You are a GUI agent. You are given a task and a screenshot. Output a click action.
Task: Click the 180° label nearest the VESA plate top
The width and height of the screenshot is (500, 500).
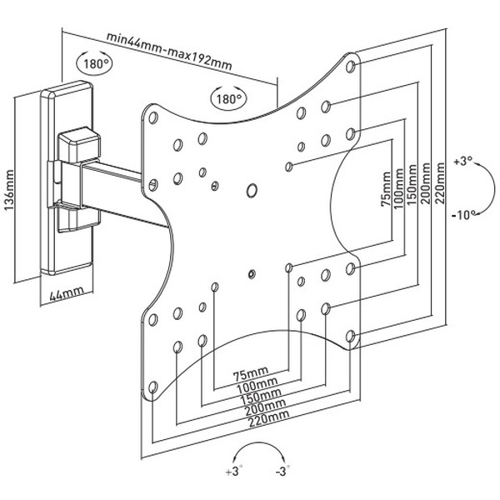[x=229, y=98]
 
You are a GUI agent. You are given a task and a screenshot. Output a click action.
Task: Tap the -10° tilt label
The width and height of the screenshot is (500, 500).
[x=466, y=214]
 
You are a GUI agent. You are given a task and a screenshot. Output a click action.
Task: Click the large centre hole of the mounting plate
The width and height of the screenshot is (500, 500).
[x=252, y=191]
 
